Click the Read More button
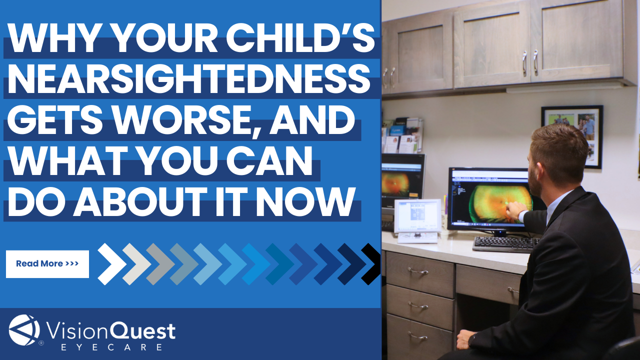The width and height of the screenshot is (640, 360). pos(47,263)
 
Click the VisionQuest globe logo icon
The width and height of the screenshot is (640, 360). pos(24,330)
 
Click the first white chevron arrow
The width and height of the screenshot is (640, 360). pos(111,263)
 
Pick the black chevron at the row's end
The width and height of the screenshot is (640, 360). pos(372,263)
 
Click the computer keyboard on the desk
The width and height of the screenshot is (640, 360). pos(505,244)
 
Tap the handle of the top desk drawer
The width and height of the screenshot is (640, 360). pos(418,271)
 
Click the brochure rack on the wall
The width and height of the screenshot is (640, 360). pos(402,135)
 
